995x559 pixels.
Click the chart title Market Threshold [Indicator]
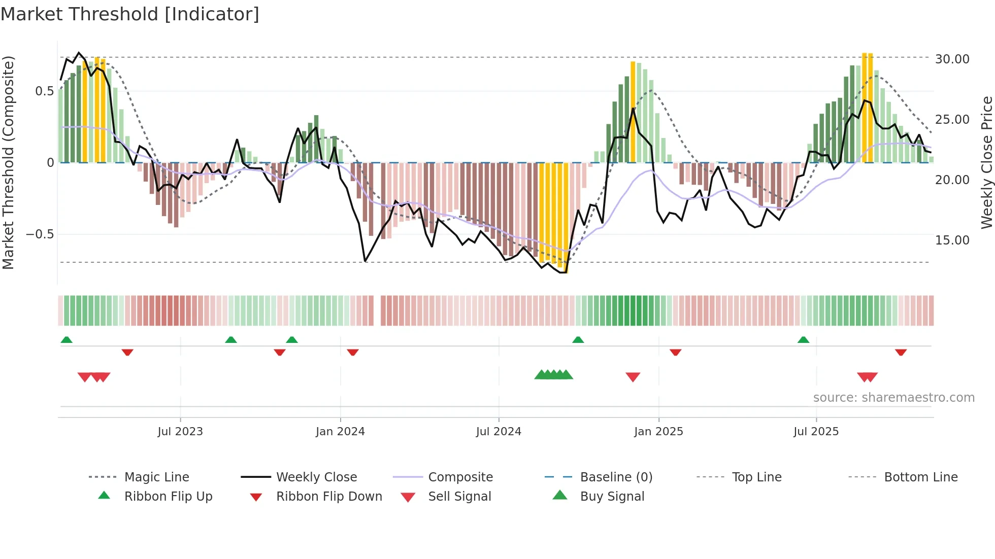click(130, 14)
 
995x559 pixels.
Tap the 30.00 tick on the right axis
click(952, 59)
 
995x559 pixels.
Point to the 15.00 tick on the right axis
click(952, 240)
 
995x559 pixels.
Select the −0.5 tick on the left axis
click(40, 234)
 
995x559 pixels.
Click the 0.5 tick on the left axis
click(44, 91)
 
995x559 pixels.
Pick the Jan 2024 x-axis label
click(340, 431)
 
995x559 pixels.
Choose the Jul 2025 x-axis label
click(816, 431)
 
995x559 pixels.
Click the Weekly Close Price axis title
click(986, 162)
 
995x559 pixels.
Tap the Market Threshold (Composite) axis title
click(8, 162)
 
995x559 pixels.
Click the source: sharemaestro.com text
click(893, 397)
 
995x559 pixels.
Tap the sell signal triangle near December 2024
click(633, 377)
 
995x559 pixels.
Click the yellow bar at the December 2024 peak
click(633, 112)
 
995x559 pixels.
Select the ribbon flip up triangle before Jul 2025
click(803, 340)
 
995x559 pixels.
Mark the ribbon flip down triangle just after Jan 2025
click(675, 352)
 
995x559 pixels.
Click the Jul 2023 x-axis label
click(180, 431)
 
